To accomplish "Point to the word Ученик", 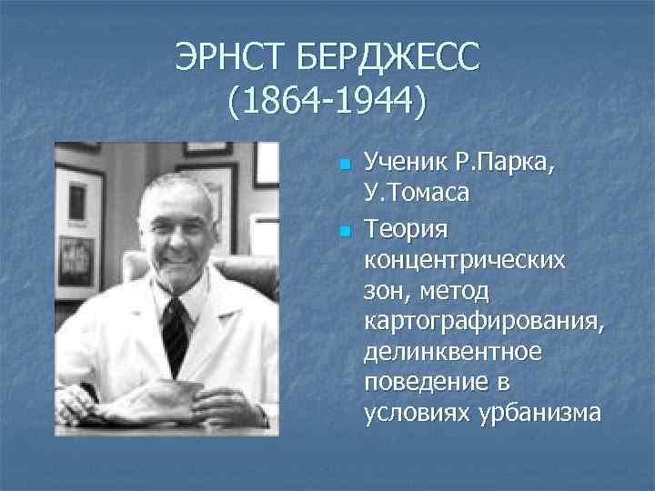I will [401, 165].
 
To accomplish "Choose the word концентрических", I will [463, 259].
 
